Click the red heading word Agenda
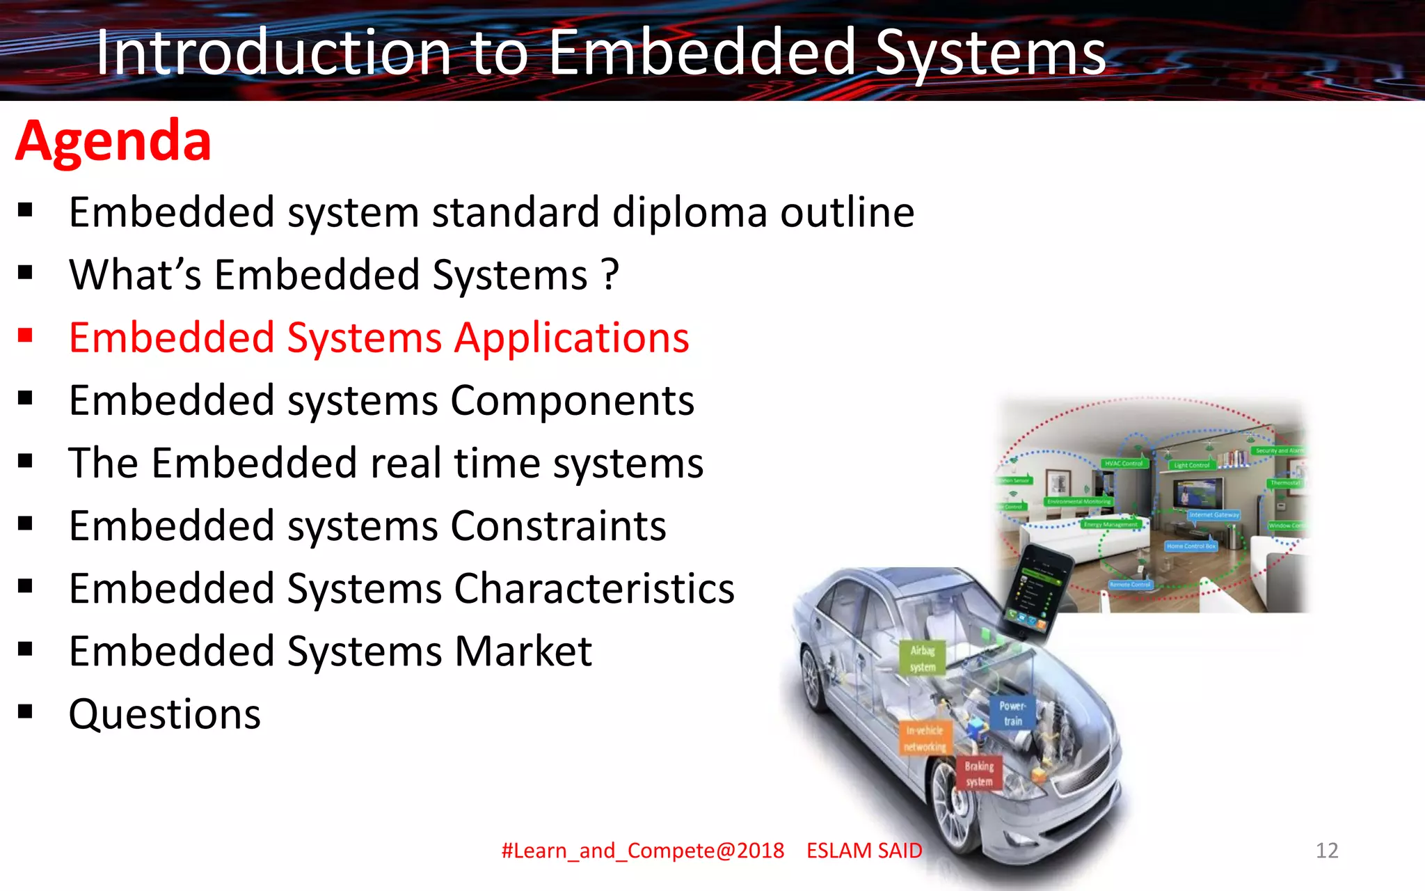click(113, 141)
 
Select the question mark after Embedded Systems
click(610, 274)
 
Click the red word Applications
click(571, 338)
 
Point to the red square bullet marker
click(26, 336)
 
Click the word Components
click(572, 401)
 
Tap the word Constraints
click(558, 526)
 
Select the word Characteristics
click(594, 589)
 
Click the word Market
click(523, 652)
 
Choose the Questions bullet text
click(165, 714)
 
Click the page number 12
click(1326, 850)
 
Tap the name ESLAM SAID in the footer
click(864, 850)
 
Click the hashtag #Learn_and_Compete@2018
click(642, 850)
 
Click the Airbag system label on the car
click(923, 659)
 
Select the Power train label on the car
click(1012, 713)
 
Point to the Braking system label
click(979, 773)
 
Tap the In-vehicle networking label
click(925, 739)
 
